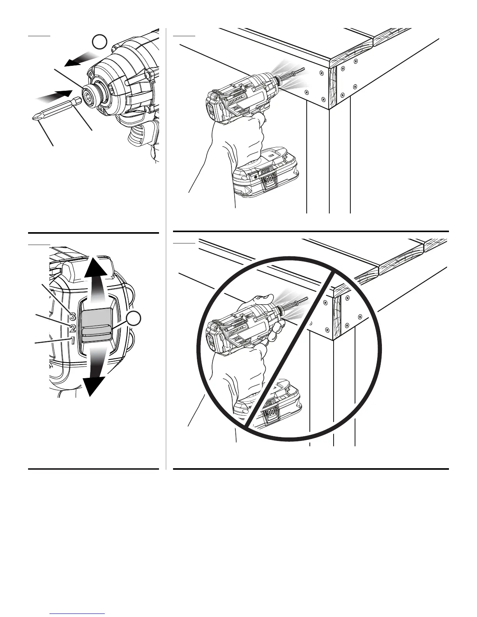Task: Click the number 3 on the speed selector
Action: pos(72,316)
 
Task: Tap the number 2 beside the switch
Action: pos(72,328)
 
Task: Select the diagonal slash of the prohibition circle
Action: pos(288,351)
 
